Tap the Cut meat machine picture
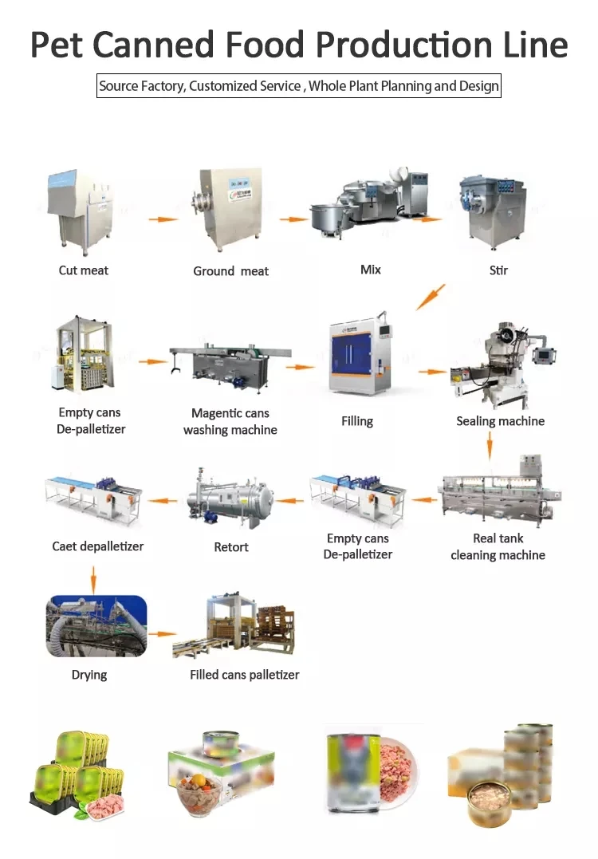point(81,211)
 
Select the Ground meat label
point(230,271)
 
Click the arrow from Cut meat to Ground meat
point(163,219)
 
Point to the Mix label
point(370,270)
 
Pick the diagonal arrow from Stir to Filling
point(431,297)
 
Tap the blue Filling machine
point(360,355)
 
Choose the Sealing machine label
point(501,421)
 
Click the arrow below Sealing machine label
point(490,446)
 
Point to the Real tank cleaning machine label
point(498,546)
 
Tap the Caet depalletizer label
point(97,546)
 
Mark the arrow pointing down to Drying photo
point(93,580)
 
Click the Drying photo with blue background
point(96,626)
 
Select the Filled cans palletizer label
point(244,675)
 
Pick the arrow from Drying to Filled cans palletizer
point(162,634)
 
